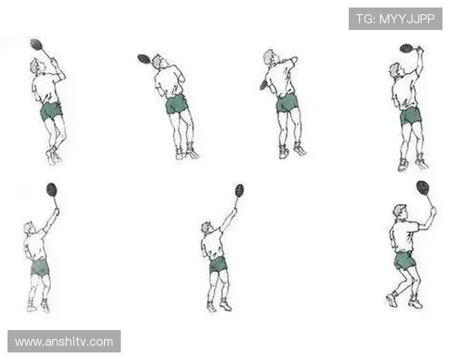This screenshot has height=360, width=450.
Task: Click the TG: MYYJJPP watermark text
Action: (395, 19)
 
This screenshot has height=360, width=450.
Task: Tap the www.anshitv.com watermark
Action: (64, 342)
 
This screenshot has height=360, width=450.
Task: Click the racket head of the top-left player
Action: (36, 44)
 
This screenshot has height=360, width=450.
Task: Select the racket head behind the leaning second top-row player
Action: (144, 59)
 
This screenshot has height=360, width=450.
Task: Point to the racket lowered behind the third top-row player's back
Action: (263, 85)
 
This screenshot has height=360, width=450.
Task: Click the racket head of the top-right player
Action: (406, 48)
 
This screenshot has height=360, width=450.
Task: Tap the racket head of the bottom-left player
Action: (52, 190)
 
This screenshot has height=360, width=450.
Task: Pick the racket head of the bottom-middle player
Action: (239, 190)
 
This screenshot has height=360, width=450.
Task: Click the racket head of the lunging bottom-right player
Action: (423, 187)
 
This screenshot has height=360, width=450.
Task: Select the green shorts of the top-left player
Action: (51, 112)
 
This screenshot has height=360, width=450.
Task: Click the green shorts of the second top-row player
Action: (177, 104)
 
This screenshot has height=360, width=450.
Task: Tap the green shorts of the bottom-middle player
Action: (218, 265)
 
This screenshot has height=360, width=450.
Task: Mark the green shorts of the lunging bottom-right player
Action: (404, 261)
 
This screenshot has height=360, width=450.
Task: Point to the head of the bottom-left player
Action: (28, 228)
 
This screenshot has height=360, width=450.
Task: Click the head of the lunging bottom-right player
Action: (400, 212)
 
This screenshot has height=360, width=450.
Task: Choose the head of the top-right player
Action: (395, 70)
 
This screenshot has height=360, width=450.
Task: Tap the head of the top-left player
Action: (37, 66)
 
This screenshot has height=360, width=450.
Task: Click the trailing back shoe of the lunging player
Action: (391, 300)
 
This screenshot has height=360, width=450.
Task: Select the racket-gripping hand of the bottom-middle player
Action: (235, 211)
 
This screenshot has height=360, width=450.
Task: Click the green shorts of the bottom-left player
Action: (40, 268)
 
